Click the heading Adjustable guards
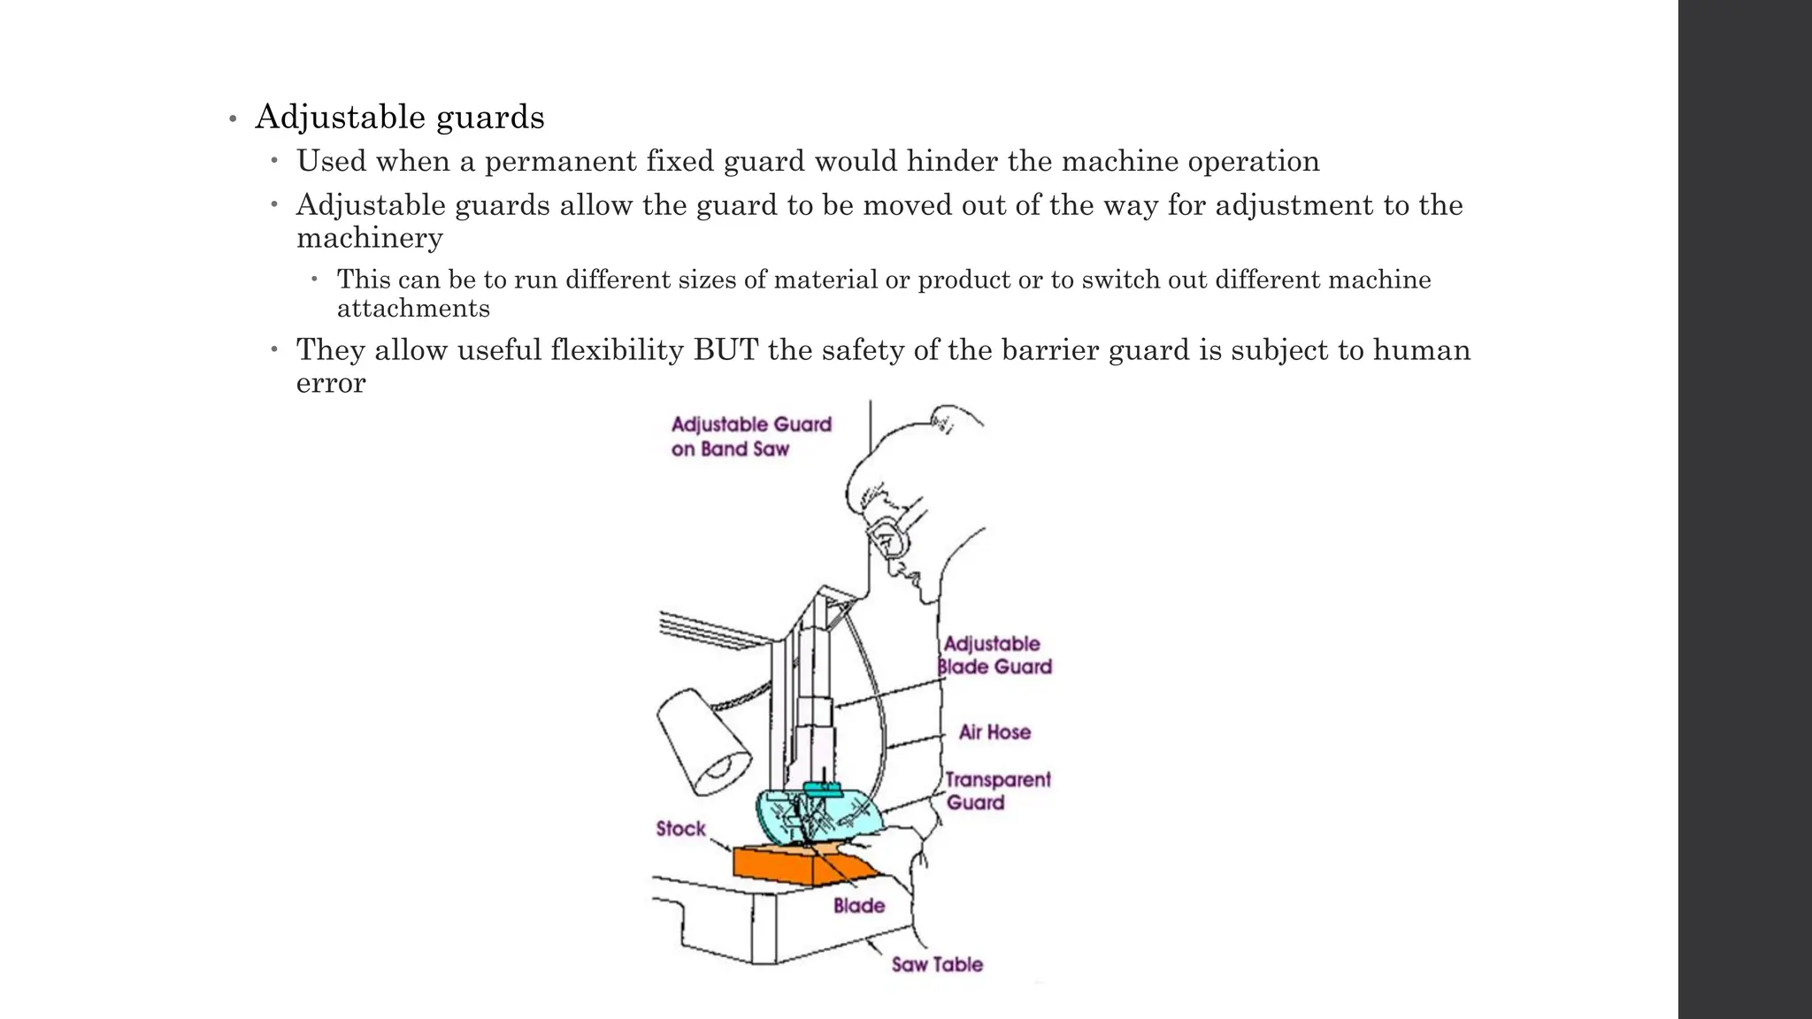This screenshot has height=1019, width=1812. tap(399, 117)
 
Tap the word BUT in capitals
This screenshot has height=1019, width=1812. tap(726, 350)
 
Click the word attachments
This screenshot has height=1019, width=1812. tap(413, 309)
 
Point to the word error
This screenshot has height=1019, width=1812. tap(330, 383)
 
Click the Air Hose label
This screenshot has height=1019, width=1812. tap(994, 732)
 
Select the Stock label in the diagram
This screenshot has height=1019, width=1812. tap(680, 829)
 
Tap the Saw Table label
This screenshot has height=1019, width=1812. tap(937, 965)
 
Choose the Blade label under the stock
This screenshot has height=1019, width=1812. tap(858, 906)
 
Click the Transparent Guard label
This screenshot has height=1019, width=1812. tap(996, 791)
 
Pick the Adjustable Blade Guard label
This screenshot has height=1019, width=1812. tap(994, 655)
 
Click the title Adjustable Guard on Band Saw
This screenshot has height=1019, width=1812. tap(750, 436)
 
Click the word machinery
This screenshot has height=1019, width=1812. tap(369, 238)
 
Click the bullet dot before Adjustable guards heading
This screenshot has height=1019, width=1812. tap(233, 119)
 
